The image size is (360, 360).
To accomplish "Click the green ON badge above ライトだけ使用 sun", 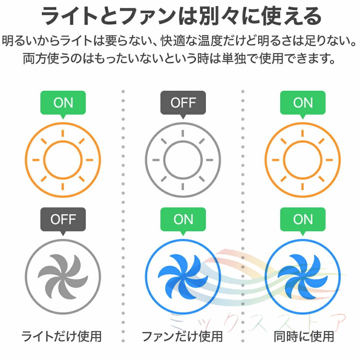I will [63, 103].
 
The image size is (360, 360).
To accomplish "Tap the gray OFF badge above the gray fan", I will [63, 219].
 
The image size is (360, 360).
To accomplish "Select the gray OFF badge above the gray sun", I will [183, 103].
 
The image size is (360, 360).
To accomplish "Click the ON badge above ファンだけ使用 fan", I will [183, 219].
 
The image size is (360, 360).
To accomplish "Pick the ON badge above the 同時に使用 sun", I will [303, 103].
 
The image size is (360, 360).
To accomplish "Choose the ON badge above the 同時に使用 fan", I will [303, 219].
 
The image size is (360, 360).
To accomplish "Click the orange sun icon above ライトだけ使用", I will [63, 159].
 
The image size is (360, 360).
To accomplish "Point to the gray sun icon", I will [183, 159].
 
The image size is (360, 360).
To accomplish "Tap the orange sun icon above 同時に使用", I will [303, 159].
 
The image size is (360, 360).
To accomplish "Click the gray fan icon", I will [63, 275].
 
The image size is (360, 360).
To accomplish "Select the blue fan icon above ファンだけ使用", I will [183, 275].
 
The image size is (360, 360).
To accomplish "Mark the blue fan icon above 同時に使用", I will [303, 275].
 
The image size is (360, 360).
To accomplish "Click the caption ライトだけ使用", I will [62, 337].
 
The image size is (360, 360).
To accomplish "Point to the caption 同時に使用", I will [303, 337].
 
